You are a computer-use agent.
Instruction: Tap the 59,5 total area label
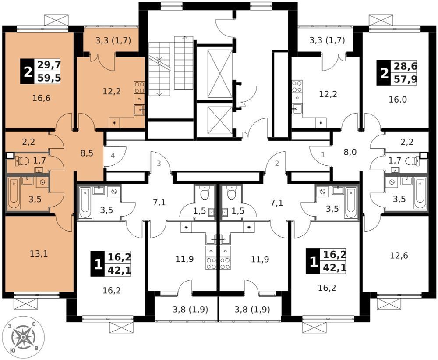click(x=49, y=78)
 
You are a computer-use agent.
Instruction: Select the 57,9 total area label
click(x=405, y=79)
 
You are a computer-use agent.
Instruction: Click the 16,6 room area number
click(x=41, y=98)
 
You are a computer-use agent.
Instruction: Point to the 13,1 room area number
click(x=39, y=254)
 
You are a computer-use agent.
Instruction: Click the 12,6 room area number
click(x=399, y=255)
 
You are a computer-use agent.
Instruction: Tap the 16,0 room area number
click(x=398, y=100)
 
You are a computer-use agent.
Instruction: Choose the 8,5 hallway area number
click(x=87, y=153)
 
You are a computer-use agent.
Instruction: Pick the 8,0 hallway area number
click(x=350, y=153)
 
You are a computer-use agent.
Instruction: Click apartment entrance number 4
click(x=113, y=155)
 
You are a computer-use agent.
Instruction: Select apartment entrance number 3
click(x=159, y=164)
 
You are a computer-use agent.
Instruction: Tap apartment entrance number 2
click(x=277, y=164)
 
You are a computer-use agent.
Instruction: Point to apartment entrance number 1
click(x=323, y=155)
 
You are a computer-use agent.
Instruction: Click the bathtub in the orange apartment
click(x=14, y=193)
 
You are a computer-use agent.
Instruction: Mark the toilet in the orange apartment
click(x=22, y=161)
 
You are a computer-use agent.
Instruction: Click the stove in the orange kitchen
click(x=139, y=87)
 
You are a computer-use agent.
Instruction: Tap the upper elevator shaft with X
click(x=220, y=74)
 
